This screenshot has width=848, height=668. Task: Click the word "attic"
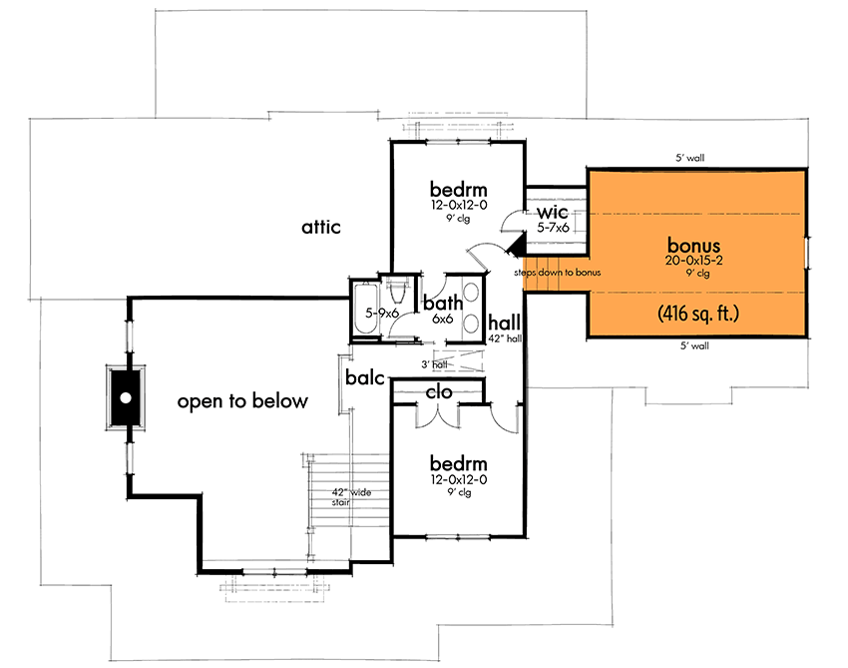(x=321, y=228)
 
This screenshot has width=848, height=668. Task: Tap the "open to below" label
(x=242, y=401)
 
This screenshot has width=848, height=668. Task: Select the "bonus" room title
(x=694, y=245)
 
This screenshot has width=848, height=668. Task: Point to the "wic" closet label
(x=553, y=214)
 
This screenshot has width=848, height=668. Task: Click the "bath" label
(x=440, y=303)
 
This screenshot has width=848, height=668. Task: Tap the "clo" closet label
(x=440, y=392)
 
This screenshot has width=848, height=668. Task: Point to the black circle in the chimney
(x=126, y=397)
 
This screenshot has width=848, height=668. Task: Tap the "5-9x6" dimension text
(x=384, y=313)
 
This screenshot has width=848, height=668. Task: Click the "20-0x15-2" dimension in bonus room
(x=694, y=261)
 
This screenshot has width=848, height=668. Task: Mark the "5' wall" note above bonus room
(x=690, y=158)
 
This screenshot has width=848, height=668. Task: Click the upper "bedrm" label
(x=459, y=190)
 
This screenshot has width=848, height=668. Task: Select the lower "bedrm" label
(x=459, y=463)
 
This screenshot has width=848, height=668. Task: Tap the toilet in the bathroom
(x=397, y=291)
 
